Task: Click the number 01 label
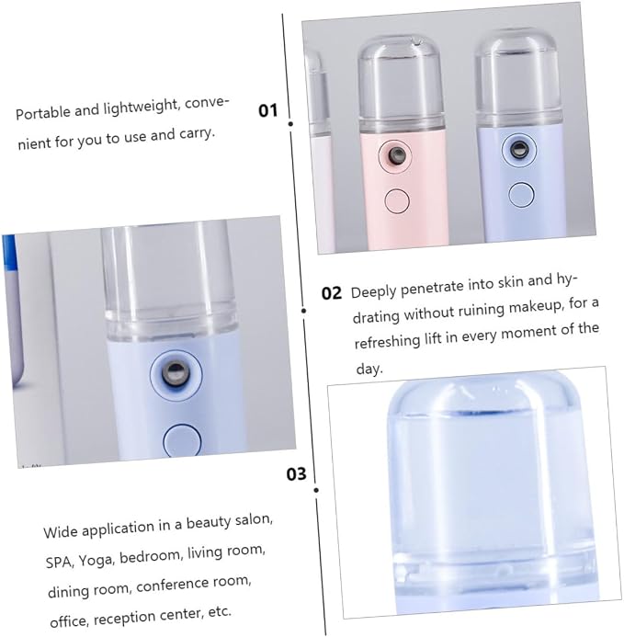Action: point(267,110)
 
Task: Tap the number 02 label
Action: point(332,293)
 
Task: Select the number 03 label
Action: point(296,473)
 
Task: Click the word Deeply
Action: point(374,291)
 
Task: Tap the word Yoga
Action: point(95,560)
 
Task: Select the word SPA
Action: point(60,563)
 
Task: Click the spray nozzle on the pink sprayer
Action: point(396,154)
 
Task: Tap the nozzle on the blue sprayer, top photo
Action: point(519,149)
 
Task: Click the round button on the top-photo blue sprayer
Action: point(521,194)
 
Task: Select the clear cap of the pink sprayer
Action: point(400,81)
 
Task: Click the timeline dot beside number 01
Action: point(290,123)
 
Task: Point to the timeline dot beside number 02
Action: point(304,311)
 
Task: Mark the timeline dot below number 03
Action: point(316,490)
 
